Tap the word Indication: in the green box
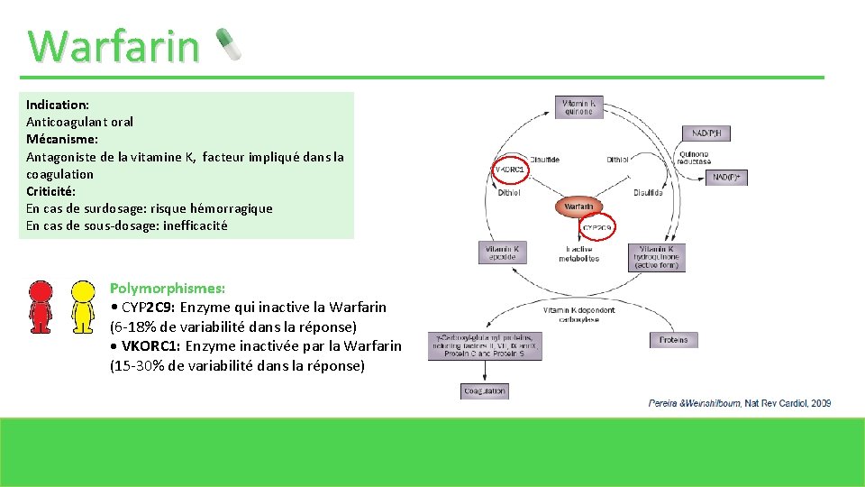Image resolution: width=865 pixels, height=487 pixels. tap(58, 105)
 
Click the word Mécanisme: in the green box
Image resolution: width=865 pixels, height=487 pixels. tap(62, 139)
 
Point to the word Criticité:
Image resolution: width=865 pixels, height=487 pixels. tap(51, 191)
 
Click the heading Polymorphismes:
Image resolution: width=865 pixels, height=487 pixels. tap(168, 288)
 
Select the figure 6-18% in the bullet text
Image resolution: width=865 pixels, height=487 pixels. tap(137, 326)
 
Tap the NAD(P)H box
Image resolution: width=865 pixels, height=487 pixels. tap(711, 134)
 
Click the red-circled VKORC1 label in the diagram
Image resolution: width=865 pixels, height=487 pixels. tap(510, 169)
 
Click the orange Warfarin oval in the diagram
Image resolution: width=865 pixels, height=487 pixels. tap(578, 207)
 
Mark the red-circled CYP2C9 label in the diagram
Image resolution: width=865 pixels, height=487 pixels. tap(597, 227)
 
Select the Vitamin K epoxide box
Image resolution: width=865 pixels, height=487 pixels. tap(502, 253)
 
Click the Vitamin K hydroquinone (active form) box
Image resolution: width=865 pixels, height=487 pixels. tap(661, 257)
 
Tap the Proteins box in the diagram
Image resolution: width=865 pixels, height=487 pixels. tap(673, 340)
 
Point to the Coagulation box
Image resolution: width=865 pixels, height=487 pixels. tap(485, 391)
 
